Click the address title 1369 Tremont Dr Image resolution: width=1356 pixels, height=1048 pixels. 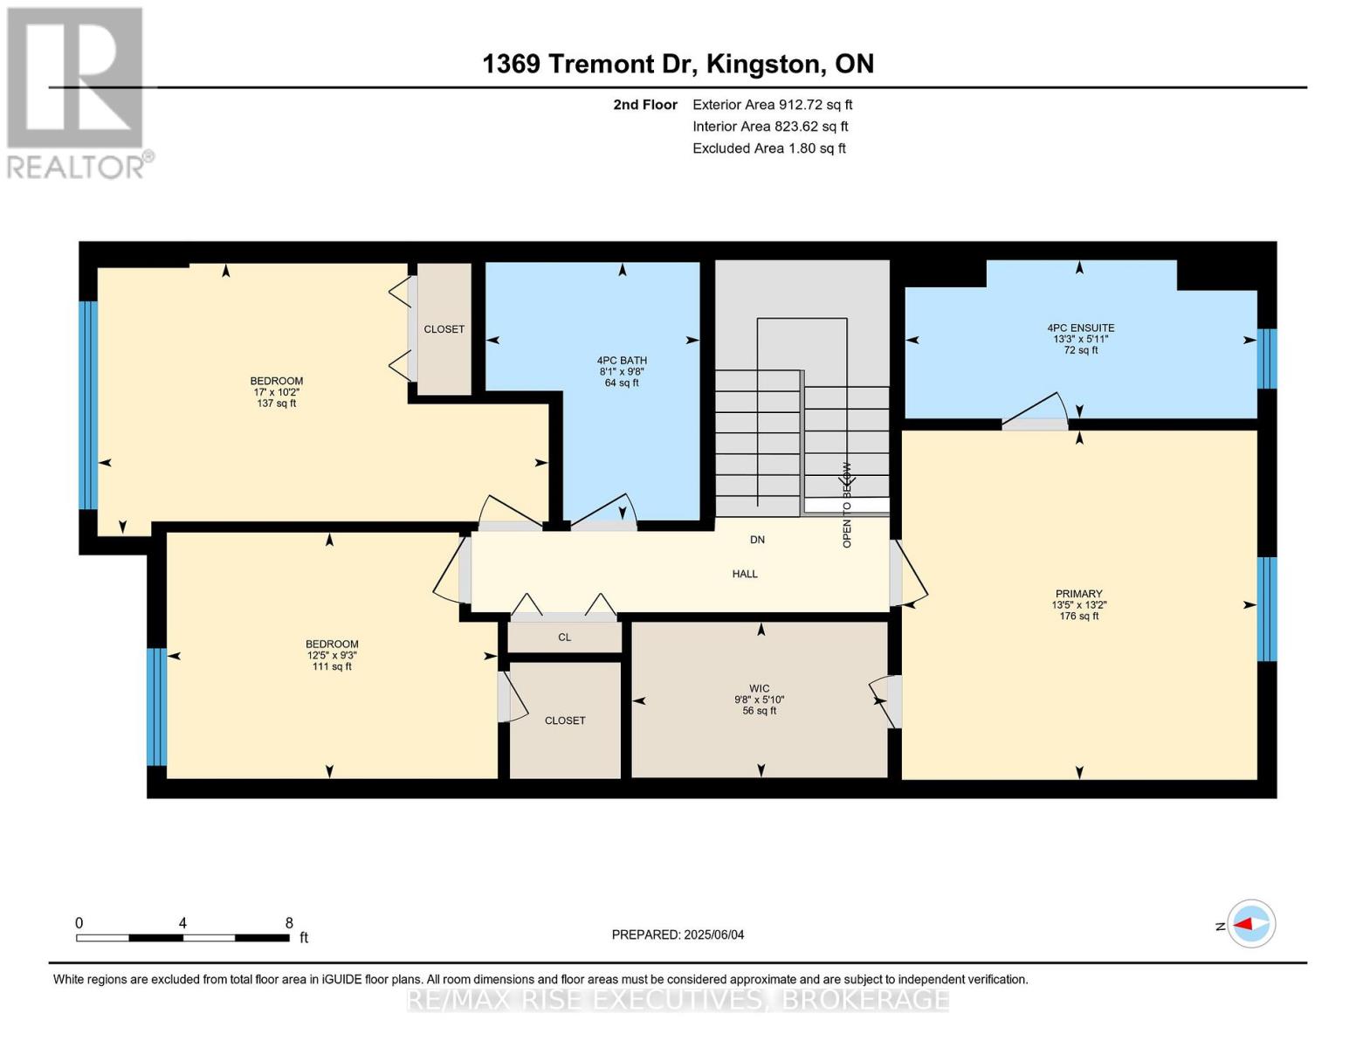678,64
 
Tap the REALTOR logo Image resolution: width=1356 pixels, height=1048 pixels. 77,93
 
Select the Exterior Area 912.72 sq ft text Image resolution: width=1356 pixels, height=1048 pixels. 772,105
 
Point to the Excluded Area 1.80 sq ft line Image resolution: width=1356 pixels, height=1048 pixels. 768,148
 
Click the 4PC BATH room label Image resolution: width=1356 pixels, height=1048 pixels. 622,361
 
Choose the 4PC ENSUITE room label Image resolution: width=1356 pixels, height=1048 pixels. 1080,328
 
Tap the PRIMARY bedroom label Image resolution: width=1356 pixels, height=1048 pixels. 1078,594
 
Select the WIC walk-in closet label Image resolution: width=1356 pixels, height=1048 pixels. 759,688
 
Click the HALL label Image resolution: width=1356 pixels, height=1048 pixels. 745,574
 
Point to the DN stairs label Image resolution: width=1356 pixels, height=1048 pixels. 757,540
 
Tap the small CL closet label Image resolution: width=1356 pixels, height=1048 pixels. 565,638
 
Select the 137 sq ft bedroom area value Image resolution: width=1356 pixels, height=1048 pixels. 276,403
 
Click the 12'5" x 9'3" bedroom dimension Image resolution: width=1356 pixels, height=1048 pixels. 331,655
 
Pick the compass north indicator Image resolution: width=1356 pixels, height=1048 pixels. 1250,924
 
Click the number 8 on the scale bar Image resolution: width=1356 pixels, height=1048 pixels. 289,923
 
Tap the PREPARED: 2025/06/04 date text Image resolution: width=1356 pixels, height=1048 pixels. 678,934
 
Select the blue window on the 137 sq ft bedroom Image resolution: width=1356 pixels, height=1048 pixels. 87,405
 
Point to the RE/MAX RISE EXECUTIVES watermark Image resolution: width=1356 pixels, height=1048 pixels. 678,999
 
